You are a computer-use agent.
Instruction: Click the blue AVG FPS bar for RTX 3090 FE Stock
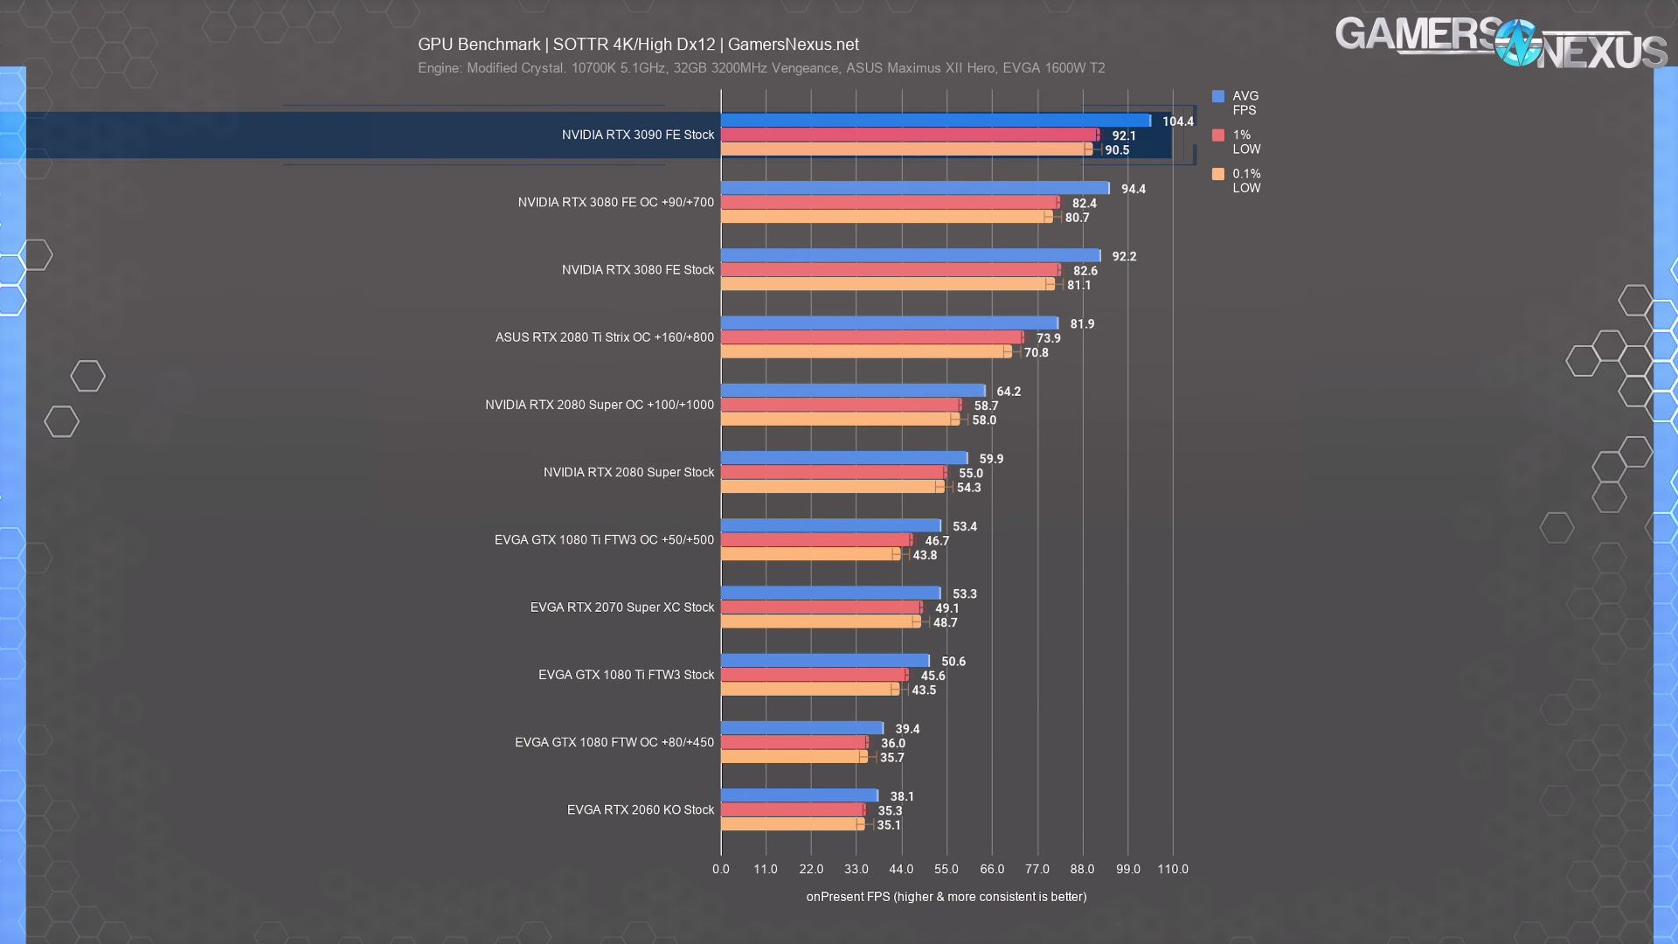(935, 121)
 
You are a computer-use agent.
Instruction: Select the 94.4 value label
(1134, 189)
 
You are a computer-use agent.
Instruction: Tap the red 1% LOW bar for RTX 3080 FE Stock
(890, 270)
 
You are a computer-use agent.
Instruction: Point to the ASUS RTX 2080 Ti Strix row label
(604, 337)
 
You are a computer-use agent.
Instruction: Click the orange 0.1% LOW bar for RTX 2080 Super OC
(839, 420)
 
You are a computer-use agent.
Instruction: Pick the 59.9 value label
(991, 459)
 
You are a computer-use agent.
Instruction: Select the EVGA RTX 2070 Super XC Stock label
(621, 607)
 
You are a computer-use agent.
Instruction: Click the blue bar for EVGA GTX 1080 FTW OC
(801, 728)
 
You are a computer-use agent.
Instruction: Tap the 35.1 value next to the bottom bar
(889, 825)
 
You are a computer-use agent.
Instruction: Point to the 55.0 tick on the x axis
(946, 869)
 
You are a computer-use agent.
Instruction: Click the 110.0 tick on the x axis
(1173, 869)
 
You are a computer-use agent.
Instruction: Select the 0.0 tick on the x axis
(720, 869)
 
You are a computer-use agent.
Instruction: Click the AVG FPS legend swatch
(1218, 96)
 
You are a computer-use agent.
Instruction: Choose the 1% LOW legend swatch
(1218, 135)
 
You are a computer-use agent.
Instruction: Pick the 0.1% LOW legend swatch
(1218, 174)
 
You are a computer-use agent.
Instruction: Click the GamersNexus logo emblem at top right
(1518, 43)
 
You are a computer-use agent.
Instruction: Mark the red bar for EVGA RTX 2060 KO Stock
(792, 810)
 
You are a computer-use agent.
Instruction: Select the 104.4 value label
(1177, 121)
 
